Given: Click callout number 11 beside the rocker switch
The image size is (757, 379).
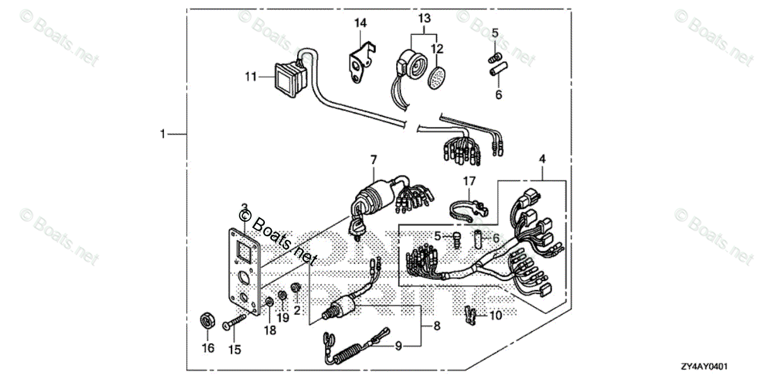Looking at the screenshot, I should (x=251, y=77).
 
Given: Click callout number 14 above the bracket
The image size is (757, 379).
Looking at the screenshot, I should (x=360, y=23).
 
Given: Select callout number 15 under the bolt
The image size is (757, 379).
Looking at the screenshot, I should (x=234, y=348).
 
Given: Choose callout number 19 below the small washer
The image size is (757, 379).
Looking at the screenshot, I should (x=283, y=318).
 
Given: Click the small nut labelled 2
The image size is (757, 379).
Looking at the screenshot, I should (x=294, y=289).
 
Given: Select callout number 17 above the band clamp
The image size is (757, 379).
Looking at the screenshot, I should (x=468, y=181).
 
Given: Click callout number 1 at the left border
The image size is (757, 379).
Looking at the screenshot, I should (x=163, y=134).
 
